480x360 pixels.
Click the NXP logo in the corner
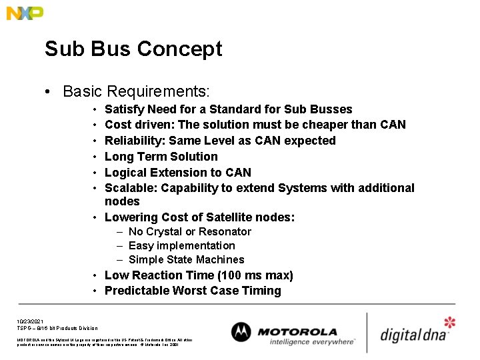(x=25, y=13)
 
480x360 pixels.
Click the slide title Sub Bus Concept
(x=133, y=49)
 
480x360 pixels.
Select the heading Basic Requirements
(x=136, y=91)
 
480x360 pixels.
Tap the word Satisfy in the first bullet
(x=124, y=109)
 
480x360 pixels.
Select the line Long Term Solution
(x=161, y=157)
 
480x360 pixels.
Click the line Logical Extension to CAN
(x=178, y=173)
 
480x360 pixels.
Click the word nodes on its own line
(x=122, y=201)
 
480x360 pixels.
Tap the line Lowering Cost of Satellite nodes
(x=199, y=217)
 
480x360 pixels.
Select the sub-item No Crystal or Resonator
(x=189, y=232)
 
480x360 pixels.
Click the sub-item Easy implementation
(x=181, y=246)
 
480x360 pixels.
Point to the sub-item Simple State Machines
(x=186, y=260)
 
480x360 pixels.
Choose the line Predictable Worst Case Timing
(x=193, y=291)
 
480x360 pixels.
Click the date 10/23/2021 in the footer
(x=31, y=321)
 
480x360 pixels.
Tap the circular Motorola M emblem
(x=241, y=333)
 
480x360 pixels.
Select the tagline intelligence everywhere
(x=312, y=342)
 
